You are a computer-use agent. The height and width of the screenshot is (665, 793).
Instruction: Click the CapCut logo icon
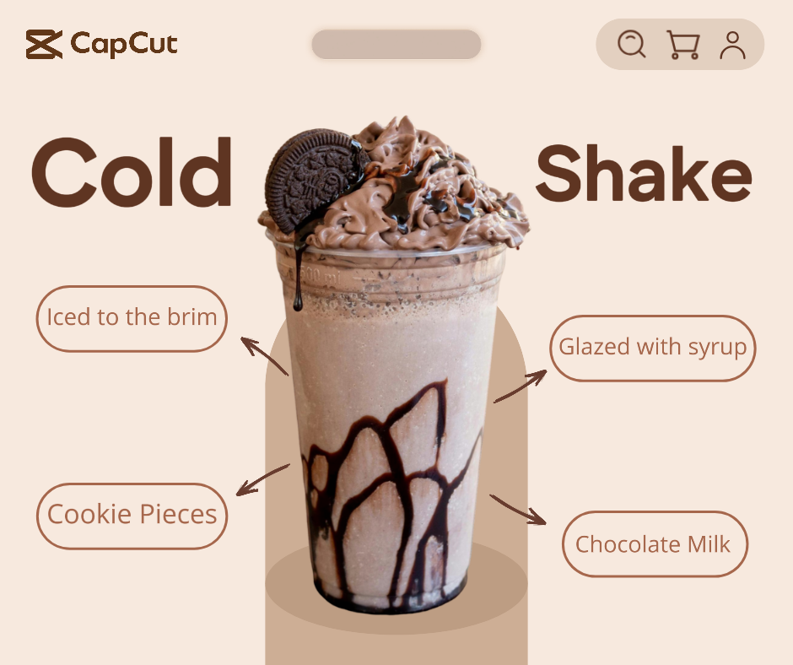click(x=44, y=45)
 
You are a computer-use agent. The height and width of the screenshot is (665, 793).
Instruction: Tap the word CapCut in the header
click(x=124, y=44)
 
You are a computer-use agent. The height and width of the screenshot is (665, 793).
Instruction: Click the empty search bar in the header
click(x=396, y=45)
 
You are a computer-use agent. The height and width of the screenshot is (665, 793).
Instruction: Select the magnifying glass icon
click(x=631, y=44)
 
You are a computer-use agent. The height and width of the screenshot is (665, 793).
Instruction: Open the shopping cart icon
click(x=682, y=45)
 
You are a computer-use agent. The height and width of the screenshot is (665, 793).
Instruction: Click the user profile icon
click(x=732, y=45)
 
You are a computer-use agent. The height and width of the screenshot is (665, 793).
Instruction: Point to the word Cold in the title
click(x=132, y=173)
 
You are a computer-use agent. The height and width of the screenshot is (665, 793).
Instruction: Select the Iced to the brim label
click(x=132, y=318)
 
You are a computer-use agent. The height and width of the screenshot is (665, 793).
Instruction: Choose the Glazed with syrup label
click(x=653, y=348)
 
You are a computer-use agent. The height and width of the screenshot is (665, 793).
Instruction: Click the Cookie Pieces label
click(x=132, y=515)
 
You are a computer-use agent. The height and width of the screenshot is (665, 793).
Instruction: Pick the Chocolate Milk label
click(x=654, y=544)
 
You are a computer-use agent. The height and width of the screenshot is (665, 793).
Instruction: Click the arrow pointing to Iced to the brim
click(x=263, y=355)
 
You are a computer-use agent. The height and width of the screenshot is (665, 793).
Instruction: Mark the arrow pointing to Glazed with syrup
click(x=521, y=387)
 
